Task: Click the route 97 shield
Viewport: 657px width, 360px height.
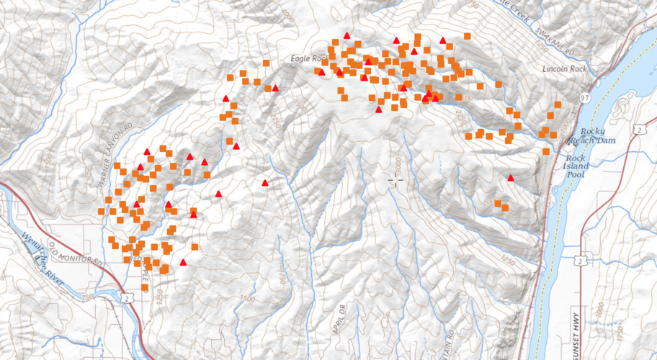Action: [584, 97]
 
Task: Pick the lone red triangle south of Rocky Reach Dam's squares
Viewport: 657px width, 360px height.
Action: [511, 177]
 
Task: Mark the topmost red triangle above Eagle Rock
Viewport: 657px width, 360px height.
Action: [347, 35]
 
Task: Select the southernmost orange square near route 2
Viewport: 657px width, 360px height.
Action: [145, 287]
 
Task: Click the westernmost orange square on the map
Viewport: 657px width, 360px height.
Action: [101, 211]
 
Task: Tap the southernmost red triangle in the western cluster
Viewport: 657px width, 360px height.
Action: [184, 263]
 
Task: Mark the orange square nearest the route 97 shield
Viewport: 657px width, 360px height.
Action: [558, 106]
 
